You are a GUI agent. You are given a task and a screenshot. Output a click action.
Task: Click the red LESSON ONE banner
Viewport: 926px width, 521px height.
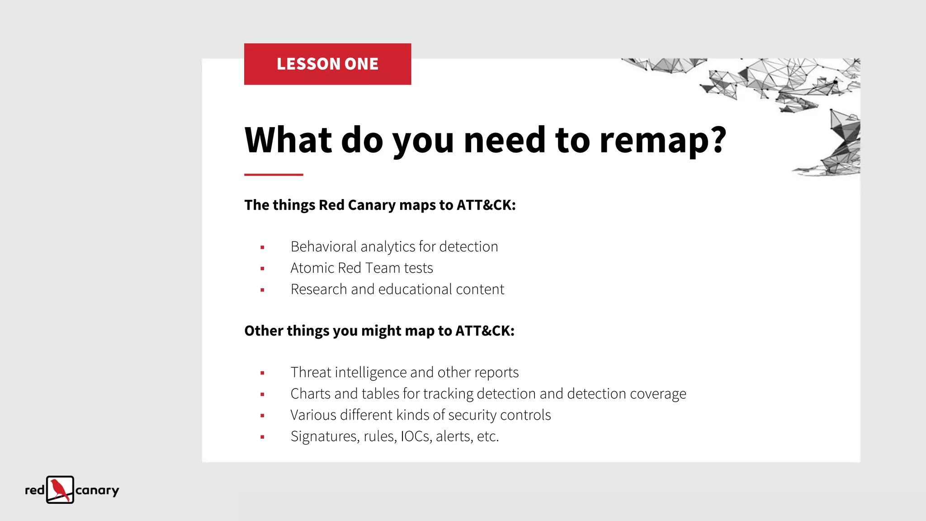[x=327, y=64]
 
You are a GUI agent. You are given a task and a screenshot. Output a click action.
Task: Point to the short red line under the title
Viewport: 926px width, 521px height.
[x=274, y=175]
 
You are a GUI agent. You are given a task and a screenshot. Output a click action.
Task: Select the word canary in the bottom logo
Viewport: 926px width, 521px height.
[x=97, y=491]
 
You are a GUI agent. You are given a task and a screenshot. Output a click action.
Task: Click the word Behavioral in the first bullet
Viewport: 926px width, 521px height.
[x=324, y=247]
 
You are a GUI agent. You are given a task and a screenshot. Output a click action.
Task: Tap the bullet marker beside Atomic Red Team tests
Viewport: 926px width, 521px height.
[x=262, y=269]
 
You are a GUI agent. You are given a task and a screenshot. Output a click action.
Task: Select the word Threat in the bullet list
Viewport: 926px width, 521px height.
[x=311, y=373]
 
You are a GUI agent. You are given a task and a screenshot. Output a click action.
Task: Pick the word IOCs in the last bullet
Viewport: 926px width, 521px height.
[x=415, y=436]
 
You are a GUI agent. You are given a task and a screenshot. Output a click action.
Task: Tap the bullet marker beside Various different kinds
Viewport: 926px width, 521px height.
[x=262, y=416]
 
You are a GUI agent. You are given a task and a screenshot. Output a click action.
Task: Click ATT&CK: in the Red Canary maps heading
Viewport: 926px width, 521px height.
[x=486, y=205]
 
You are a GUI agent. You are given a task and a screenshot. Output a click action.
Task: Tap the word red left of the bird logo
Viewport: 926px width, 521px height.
[x=35, y=490]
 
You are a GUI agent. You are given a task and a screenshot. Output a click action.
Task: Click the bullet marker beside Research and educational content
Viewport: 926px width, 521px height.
[x=262, y=290]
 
